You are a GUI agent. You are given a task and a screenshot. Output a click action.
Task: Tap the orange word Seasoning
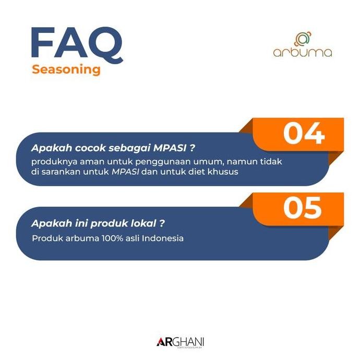[x=66, y=70]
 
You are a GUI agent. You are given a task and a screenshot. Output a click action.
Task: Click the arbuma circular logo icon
[x=302, y=39]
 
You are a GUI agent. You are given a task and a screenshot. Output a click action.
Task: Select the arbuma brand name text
[x=302, y=53]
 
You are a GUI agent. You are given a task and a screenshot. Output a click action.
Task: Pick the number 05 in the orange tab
[x=304, y=208]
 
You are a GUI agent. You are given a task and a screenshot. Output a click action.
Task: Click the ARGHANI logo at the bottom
[x=180, y=342]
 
